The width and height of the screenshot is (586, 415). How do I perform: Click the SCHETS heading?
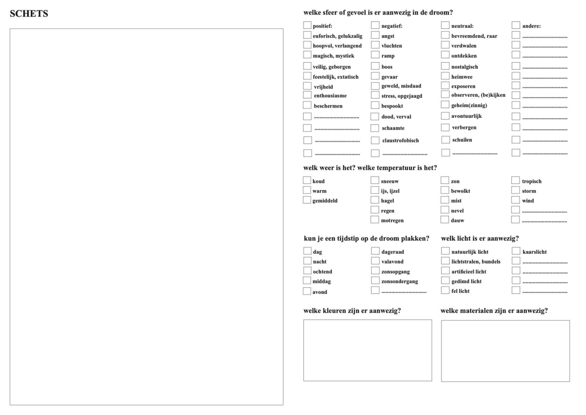[x=29, y=14]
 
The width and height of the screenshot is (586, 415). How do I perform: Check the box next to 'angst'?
[x=375, y=35]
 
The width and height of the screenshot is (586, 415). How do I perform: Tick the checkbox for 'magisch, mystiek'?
[x=307, y=55]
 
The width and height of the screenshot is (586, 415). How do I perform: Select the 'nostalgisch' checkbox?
[x=445, y=66]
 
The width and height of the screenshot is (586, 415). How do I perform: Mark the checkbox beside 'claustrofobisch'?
[x=375, y=140]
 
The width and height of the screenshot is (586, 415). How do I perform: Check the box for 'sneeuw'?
[x=375, y=181]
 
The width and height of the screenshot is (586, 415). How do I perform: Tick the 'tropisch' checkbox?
[x=516, y=181]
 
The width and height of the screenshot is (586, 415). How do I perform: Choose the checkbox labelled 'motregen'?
[x=375, y=220]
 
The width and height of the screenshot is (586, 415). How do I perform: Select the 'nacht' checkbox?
[x=307, y=261]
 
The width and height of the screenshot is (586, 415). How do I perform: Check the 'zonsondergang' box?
[x=375, y=281]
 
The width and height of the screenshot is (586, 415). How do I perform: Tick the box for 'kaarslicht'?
[x=516, y=251]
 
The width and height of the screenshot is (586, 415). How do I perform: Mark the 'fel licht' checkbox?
[x=445, y=290]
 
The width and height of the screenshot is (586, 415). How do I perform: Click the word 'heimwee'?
[x=462, y=77]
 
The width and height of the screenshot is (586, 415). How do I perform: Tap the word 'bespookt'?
[x=392, y=105]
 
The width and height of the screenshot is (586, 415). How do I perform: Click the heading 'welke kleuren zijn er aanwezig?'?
[x=352, y=310]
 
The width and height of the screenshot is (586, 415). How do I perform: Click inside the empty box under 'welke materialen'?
[x=505, y=350]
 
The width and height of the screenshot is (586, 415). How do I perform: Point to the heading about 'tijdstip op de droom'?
[x=366, y=239]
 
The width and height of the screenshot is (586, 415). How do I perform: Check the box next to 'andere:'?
[x=516, y=25]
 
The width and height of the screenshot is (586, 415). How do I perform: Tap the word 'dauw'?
[x=458, y=220]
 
